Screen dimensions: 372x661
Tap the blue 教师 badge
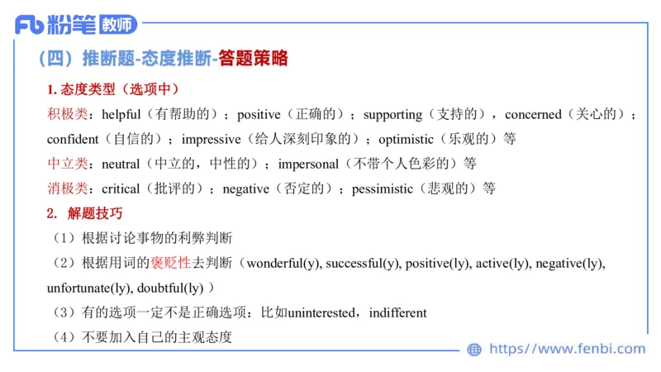click(x=117, y=26)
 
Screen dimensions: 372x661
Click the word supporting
click(x=392, y=114)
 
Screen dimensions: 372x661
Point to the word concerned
click(x=533, y=114)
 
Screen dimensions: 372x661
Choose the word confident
click(x=75, y=139)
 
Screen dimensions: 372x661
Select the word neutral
click(x=121, y=164)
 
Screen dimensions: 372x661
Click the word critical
click(x=121, y=188)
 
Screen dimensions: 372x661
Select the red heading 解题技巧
click(x=95, y=213)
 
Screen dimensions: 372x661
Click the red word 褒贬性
click(x=170, y=264)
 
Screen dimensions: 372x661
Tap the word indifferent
click(x=398, y=313)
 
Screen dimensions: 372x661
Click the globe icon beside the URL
click(x=474, y=349)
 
